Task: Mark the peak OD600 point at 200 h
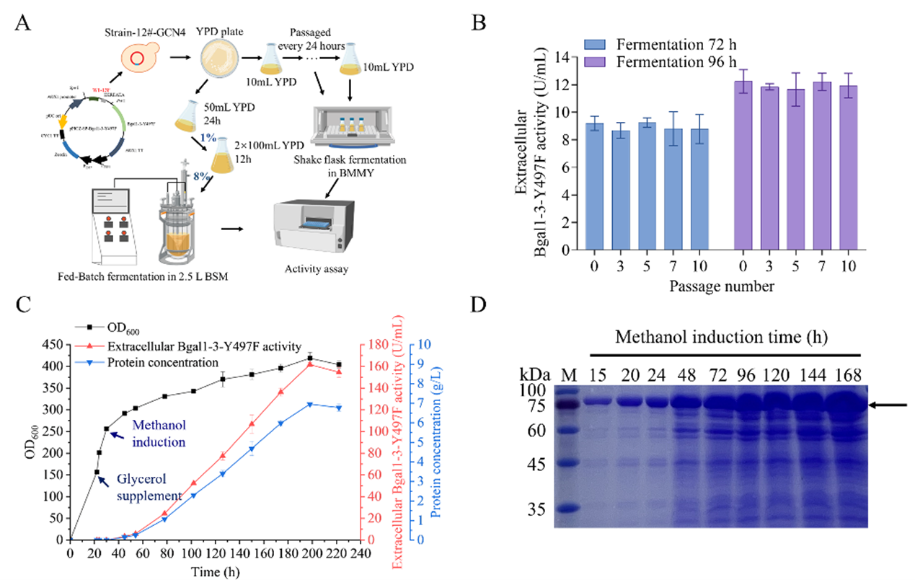(x=310, y=359)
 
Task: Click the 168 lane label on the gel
(x=847, y=375)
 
